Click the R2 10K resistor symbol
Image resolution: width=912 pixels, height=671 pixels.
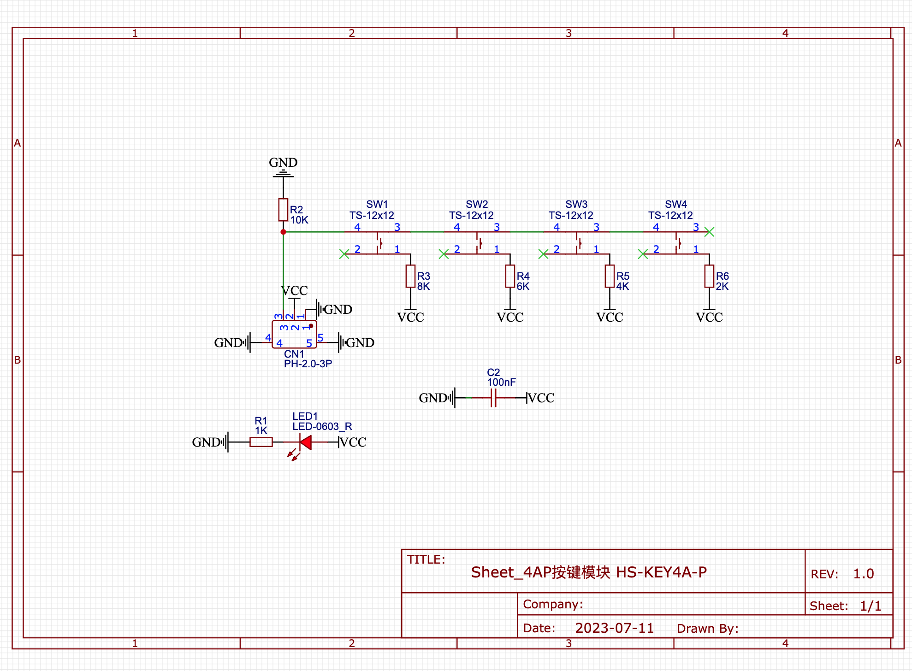click(x=283, y=210)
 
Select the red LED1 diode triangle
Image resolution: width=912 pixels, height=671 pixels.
click(x=305, y=442)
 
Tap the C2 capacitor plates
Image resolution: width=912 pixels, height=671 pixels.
click(x=493, y=398)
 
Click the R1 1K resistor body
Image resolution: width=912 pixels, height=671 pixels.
click(x=261, y=442)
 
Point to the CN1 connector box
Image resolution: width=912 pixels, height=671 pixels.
click(x=294, y=334)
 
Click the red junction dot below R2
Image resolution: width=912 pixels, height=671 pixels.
click(x=283, y=232)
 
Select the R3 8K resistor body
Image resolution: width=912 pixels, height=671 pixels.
click(x=410, y=276)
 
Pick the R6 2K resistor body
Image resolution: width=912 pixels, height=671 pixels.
click(x=709, y=276)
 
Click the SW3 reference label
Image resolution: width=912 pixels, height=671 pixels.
click(x=576, y=204)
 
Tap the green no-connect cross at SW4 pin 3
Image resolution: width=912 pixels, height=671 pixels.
click(x=709, y=232)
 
